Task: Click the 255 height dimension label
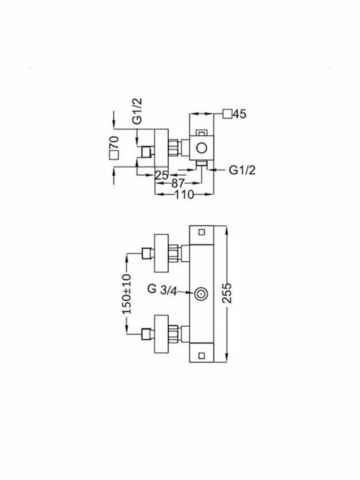[227, 293]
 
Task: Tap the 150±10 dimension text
[126, 294]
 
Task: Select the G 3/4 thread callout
[162, 289]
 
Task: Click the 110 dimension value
[184, 194]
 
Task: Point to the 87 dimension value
[178, 183]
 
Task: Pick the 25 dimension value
[161, 175]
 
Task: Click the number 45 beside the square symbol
[239, 114]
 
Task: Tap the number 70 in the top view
[114, 143]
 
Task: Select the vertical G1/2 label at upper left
[137, 111]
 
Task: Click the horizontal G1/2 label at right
[242, 170]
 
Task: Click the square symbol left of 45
[227, 113]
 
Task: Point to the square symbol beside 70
[114, 155]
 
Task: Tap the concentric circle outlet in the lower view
[201, 294]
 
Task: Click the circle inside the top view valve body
[201, 148]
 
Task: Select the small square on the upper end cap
[201, 232]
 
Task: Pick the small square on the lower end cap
[201, 355]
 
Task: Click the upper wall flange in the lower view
[161, 253]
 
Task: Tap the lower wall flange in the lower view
[161, 334]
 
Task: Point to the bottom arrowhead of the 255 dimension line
[227, 358]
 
